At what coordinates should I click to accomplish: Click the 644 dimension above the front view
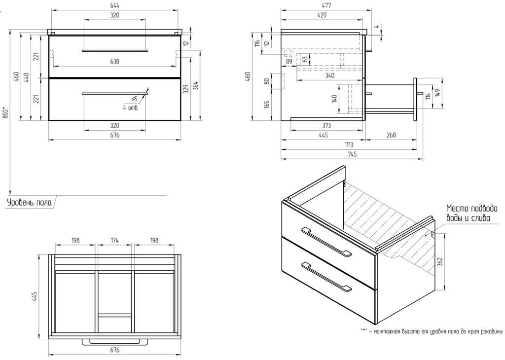(114, 5)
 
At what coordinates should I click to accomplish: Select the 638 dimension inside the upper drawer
(114, 62)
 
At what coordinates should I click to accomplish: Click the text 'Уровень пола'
(29, 202)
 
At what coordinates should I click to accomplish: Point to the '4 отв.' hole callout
(131, 107)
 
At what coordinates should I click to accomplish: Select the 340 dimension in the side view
(329, 75)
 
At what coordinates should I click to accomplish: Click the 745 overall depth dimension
(352, 154)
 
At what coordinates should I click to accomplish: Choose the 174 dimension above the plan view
(114, 240)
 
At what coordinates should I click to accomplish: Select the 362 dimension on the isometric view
(440, 262)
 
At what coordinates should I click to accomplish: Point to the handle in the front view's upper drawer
(114, 50)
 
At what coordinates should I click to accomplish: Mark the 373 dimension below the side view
(326, 126)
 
